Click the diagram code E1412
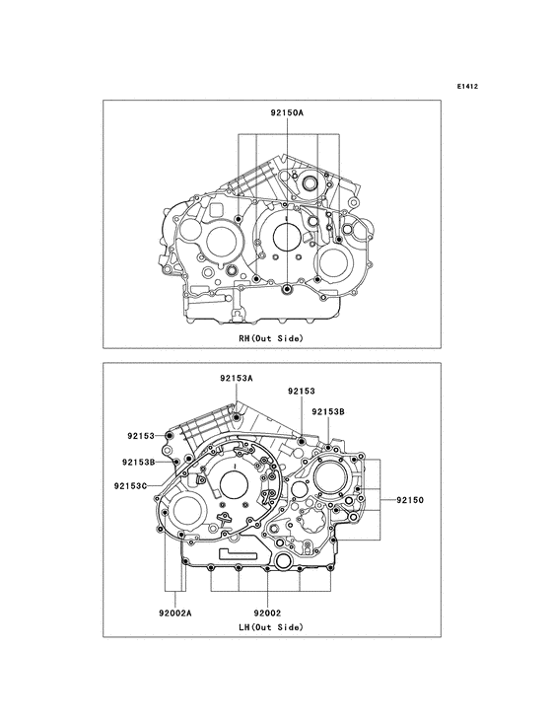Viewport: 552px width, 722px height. (467, 86)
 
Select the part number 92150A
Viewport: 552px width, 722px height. (287, 111)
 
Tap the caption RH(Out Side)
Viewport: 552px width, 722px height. (271, 338)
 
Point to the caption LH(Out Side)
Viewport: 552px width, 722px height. (271, 627)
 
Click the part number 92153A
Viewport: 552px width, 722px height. (237, 379)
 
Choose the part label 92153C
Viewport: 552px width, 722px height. (131, 485)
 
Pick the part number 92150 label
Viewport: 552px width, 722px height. (410, 500)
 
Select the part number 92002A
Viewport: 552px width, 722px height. (175, 614)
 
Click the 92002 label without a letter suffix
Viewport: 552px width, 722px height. (267, 614)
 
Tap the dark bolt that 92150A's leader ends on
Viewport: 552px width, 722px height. (287, 289)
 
